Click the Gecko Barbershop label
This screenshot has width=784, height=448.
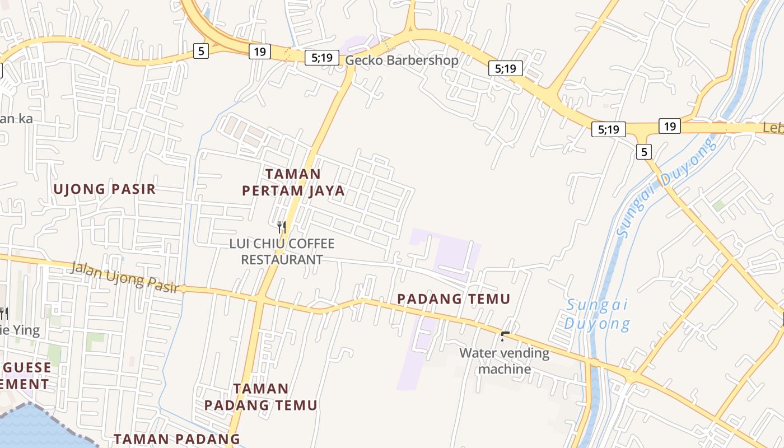(402, 60)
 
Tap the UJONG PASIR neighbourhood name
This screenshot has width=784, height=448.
(104, 189)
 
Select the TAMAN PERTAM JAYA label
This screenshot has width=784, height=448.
(293, 183)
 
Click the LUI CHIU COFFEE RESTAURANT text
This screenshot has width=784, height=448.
(282, 251)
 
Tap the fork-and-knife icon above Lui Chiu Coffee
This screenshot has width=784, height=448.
(282, 227)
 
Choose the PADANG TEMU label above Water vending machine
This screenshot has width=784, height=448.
(454, 299)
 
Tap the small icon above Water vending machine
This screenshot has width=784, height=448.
(505, 336)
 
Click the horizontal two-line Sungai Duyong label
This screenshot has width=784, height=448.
(597, 315)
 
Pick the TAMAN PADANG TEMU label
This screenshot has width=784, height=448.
(260, 396)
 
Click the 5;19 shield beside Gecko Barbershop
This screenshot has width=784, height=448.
(322, 57)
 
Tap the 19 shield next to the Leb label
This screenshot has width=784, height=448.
(670, 126)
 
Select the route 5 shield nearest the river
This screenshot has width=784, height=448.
(644, 151)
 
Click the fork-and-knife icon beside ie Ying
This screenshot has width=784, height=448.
(3, 313)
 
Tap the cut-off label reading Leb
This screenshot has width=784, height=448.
(773, 128)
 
